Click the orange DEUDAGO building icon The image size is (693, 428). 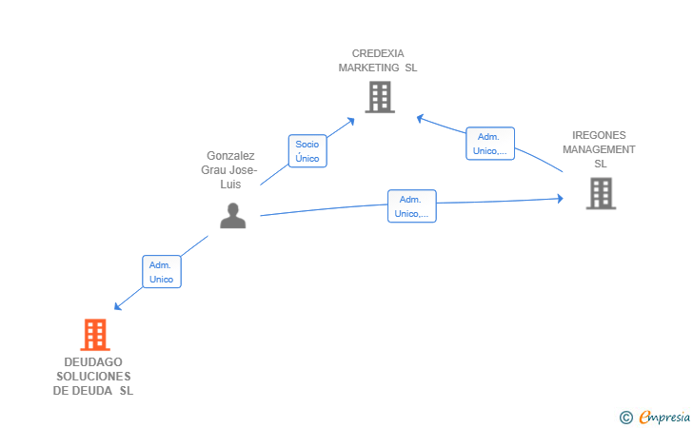[x=95, y=335]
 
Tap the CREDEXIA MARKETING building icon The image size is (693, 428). [x=380, y=97]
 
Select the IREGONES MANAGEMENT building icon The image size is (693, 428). [x=601, y=193]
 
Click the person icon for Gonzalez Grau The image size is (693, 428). [x=233, y=216]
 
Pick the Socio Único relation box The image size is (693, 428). [x=307, y=151]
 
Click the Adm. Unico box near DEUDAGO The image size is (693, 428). [x=162, y=272]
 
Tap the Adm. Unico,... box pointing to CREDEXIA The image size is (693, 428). [x=490, y=144]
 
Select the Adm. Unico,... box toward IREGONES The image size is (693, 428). [x=412, y=206]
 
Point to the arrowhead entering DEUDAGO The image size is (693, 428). [x=117, y=306]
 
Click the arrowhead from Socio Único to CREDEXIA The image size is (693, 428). [x=351, y=121]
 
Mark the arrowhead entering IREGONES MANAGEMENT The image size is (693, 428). [x=561, y=199]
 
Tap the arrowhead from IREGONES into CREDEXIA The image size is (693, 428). [x=420, y=118]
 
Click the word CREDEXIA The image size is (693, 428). [x=378, y=53]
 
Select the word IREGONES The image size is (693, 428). [x=599, y=135]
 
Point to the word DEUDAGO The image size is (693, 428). [x=93, y=362]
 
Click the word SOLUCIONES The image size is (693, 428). [x=93, y=377]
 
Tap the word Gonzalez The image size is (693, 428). [x=230, y=156]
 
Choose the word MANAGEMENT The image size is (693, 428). [x=599, y=149]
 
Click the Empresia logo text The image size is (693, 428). [x=664, y=417]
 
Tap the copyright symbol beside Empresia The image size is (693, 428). [x=625, y=418]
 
